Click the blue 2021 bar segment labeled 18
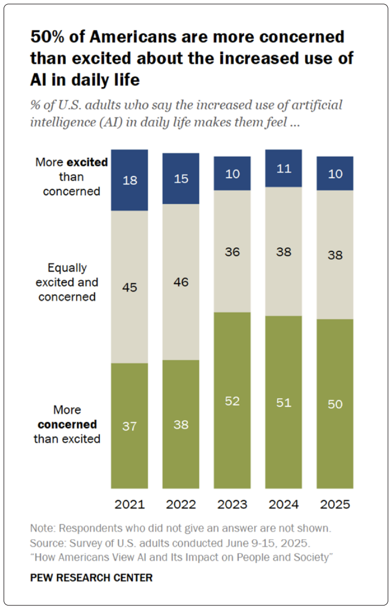coord(130,180)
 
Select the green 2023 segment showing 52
coord(232,400)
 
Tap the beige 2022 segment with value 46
coord(181,282)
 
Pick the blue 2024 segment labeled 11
coord(284,168)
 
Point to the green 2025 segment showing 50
coord(335,404)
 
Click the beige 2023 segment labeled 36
coord(232,251)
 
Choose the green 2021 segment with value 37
coord(130,426)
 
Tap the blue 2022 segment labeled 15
coord(181,179)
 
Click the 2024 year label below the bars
coord(284,505)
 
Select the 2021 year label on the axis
coord(130,505)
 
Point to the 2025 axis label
coord(335,505)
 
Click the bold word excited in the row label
coord(87,162)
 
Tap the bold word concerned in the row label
coord(67,424)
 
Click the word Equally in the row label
coord(67,268)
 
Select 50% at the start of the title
coord(47,36)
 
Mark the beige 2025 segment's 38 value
coord(335,255)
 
